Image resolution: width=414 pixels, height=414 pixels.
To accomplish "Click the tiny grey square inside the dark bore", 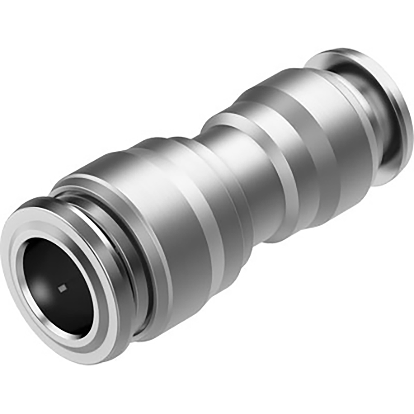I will tap(62, 287).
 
